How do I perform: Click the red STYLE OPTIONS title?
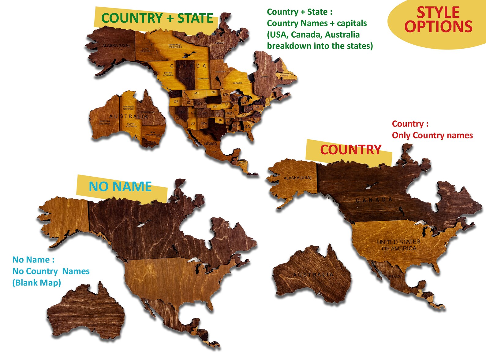[x=438, y=20]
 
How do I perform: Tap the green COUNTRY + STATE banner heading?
[x=157, y=18]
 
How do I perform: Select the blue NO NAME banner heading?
[x=120, y=186]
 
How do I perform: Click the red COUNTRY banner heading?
[x=351, y=150]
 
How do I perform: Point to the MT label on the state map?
[x=196, y=93]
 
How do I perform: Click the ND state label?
[x=214, y=92]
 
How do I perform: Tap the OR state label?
[x=176, y=101]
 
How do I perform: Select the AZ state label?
[x=193, y=124]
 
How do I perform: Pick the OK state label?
[x=219, y=120]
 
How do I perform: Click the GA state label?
[x=247, y=127]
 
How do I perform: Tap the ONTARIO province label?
[x=237, y=83]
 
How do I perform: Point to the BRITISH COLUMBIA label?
[x=168, y=74]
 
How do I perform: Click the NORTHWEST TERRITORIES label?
[x=175, y=46]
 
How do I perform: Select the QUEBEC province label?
[x=265, y=77]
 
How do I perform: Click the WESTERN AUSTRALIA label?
[x=104, y=123]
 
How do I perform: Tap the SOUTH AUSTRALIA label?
[x=131, y=125]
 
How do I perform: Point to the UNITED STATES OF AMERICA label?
[x=399, y=245]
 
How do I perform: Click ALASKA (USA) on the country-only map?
[x=297, y=178]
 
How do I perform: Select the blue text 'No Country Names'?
[x=51, y=271]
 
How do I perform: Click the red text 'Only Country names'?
[x=432, y=135]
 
